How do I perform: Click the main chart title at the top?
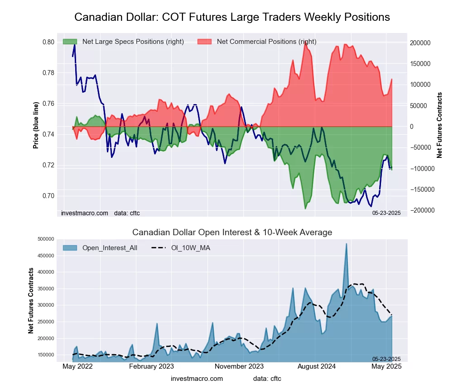point(232,17)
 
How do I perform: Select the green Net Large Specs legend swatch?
point(70,42)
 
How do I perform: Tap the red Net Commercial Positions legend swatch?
point(204,42)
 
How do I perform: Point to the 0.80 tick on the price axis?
point(48,42)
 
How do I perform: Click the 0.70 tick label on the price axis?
point(48,196)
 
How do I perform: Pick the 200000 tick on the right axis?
point(420,43)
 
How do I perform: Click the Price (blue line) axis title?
point(36,125)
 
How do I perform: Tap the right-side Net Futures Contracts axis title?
point(439,125)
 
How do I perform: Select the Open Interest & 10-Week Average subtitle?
point(232,232)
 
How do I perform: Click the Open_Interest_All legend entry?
point(109,248)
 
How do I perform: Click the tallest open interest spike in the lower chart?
point(347,244)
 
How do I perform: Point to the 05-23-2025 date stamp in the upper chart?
point(386,213)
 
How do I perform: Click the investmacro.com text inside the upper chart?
point(85,213)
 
